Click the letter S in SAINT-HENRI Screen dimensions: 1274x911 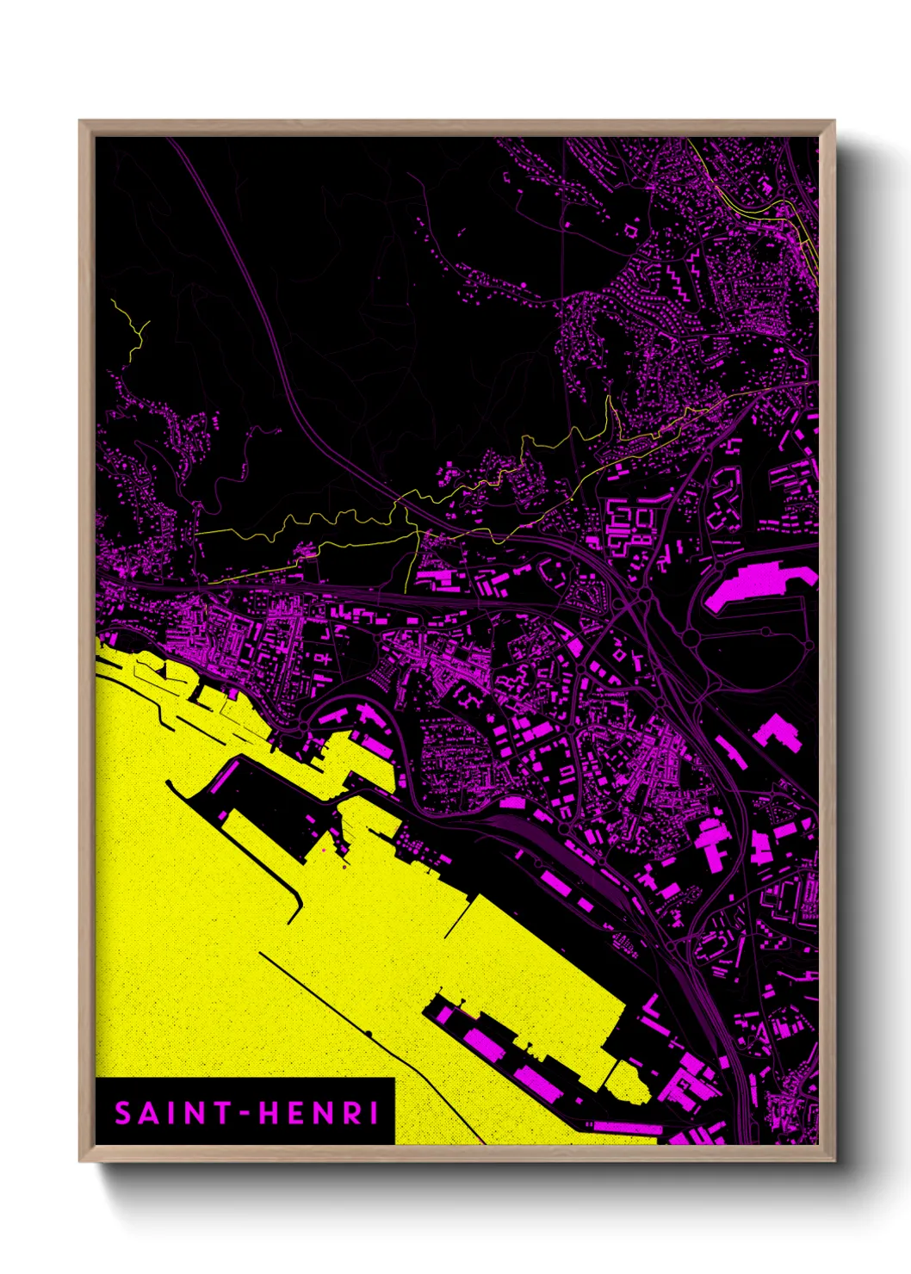pyautogui.click(x=123, y=1113)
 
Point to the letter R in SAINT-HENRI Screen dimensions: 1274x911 pyautogui.click(x=352, y=1113)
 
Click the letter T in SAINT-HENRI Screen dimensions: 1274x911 pyautogui.click(x=222, y=1113)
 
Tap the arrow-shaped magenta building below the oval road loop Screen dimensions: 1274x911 pyautogui.click(x=778, y=732)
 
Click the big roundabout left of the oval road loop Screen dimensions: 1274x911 pyautogui.click(x=643, y=594)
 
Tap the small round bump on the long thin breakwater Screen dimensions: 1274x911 pyautogui.click(x=369, y=1033)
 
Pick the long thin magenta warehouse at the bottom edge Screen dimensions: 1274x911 pyautogui.click(x=627, y=1128)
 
